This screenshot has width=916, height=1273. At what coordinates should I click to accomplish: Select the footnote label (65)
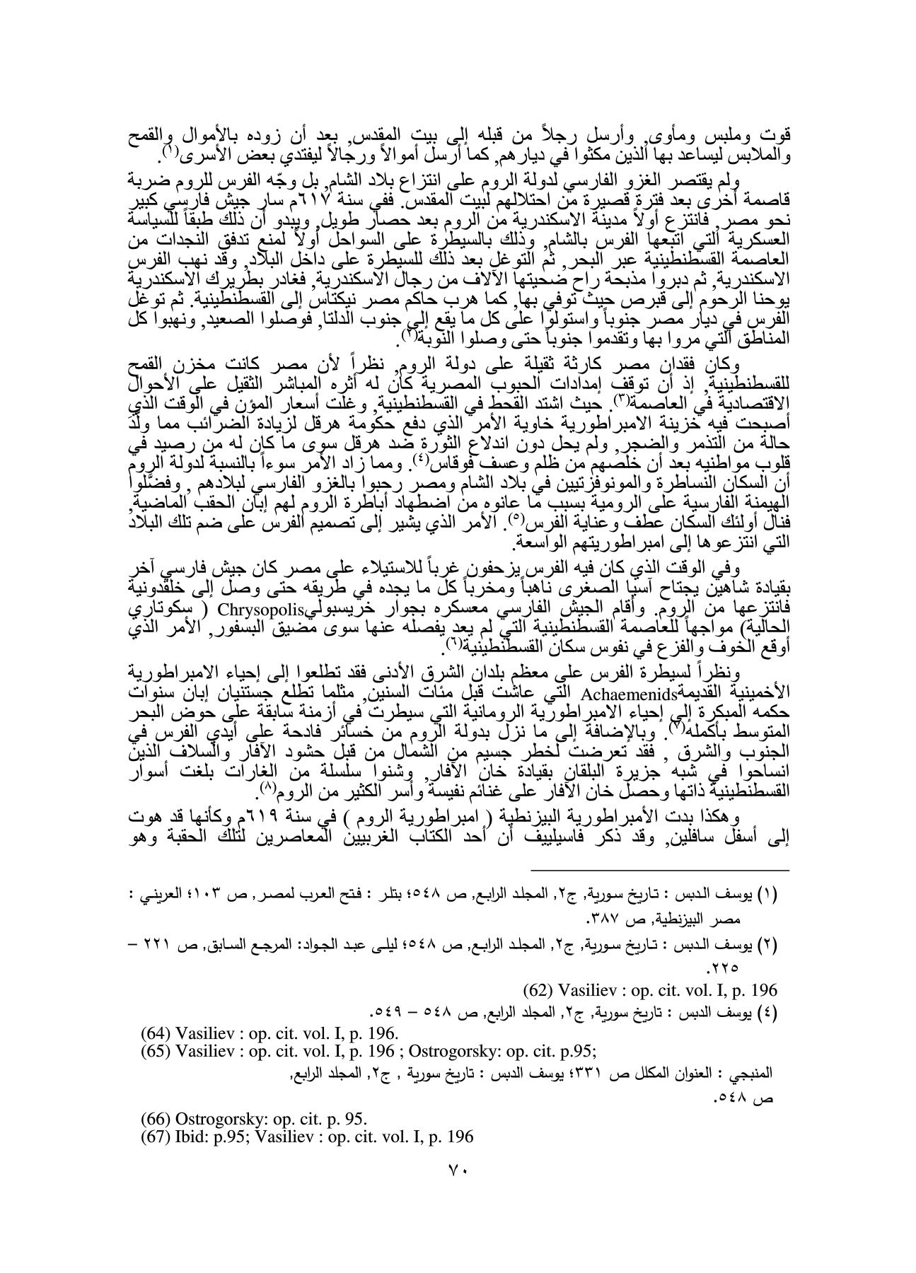pyautogui.click(x=155, y=1042)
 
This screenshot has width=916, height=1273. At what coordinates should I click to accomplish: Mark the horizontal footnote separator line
pyautogui.click(x=659, y=870)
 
